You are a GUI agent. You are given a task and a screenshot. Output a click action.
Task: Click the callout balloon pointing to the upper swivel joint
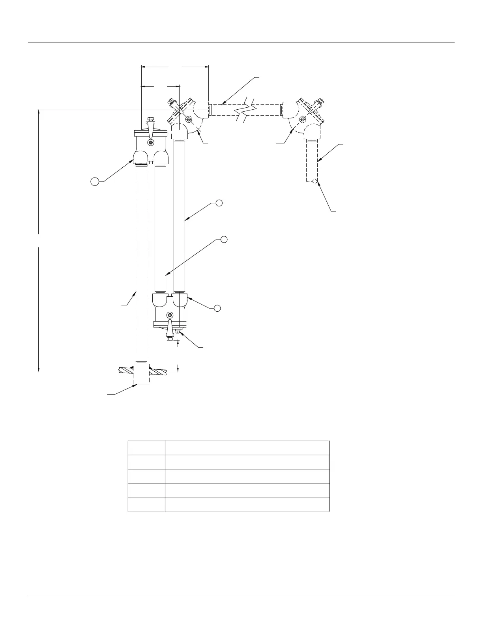coord(95,182)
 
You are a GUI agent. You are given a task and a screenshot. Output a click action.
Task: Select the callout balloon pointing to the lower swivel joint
coord(217,308)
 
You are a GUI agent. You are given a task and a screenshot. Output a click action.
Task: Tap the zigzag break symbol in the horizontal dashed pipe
coord(246,109)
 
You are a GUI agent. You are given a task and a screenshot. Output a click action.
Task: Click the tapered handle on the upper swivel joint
coord(150,128)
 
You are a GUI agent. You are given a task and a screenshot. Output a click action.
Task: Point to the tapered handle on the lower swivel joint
coord(170,326)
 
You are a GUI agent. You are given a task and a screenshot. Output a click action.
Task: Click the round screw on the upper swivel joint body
coord(150,142)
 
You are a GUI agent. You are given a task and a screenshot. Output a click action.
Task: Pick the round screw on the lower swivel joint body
coord(170,314)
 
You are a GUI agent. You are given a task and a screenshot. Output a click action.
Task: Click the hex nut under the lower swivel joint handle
coord(170,338)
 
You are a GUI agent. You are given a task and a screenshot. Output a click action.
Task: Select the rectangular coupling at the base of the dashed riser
coord(141,374)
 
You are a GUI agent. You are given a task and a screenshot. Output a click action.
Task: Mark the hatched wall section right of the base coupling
coord(158,371)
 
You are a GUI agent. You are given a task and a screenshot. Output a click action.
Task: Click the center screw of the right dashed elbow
coord(303,119)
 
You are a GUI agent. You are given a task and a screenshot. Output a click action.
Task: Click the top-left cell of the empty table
coord(146,448)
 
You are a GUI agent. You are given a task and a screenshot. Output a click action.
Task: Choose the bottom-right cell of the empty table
coord(247,505)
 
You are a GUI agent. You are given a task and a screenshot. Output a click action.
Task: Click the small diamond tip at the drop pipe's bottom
coord(315,182)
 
